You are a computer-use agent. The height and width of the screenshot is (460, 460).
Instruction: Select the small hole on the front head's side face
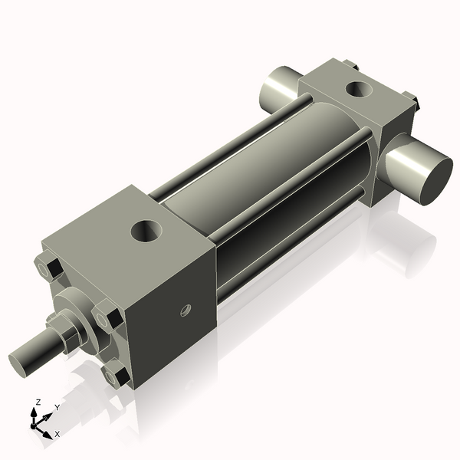click(185, 310)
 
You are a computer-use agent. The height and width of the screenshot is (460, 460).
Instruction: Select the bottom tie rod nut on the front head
click(117, 375)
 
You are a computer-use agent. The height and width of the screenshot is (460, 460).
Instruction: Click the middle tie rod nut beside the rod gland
click(107, 317)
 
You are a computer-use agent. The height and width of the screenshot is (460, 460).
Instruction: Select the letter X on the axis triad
click(58, 434)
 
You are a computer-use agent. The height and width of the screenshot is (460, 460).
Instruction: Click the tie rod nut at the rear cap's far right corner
click(412, 99)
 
